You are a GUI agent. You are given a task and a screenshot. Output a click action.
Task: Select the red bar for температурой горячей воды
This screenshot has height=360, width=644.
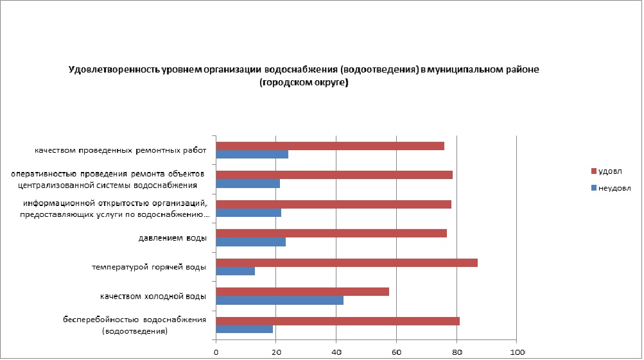point(347,262)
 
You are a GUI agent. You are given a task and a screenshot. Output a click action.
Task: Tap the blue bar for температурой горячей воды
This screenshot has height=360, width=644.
point(236,271)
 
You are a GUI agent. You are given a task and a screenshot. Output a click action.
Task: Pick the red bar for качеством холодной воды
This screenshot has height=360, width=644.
point(302,291)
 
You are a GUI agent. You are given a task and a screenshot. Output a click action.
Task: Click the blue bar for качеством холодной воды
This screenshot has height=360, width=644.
point(280,300)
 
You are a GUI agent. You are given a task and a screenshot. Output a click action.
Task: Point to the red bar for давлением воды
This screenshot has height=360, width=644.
point(331,233)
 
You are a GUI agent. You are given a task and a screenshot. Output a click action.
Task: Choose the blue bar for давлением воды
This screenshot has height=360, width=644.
point(251,242)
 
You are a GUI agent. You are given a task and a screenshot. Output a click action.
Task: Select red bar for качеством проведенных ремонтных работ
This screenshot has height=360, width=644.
point(330,146)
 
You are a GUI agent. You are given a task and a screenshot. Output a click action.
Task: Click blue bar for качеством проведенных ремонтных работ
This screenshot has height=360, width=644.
point(252,154)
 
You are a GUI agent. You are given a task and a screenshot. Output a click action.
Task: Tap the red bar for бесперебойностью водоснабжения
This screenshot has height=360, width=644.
point(338,321)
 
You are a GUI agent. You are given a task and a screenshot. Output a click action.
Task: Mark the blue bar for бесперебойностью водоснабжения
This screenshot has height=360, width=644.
point(245,329)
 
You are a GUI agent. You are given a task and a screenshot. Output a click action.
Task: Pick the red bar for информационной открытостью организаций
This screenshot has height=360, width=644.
point(334,204)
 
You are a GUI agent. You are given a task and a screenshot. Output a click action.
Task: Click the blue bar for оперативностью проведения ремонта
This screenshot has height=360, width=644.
point(248,184)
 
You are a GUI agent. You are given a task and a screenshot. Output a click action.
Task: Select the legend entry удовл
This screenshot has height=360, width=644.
point(607,171)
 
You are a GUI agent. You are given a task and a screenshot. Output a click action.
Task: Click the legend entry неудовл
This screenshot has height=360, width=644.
point(611,189)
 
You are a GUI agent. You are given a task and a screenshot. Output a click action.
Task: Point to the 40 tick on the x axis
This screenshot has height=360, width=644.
point(336,352)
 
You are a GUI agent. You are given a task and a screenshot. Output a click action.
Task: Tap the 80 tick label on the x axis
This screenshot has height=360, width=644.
point(457,352)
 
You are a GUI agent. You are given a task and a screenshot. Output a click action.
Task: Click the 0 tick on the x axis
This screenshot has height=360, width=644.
point(216,352)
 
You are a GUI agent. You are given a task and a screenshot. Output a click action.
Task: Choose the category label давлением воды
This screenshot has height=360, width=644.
point(173,239)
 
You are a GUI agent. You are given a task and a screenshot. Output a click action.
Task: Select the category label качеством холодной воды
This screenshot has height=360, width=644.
point(153,296)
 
